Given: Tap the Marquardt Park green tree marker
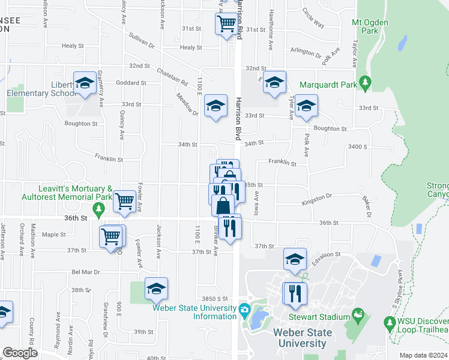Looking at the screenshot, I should pyautogui.click(x=364, y=82).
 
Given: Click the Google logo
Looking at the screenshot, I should pyautogui.click(x=20, y=353).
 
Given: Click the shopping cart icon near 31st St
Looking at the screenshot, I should pyautogui.click(x=227, y=24).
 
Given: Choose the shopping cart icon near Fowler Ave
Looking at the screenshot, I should pyautogui.click(x=124, y=201).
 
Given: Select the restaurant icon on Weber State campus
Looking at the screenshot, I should pyautogui.click(x=294, y=293).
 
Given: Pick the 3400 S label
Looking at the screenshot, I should pyautogui.click(x=373, y=146).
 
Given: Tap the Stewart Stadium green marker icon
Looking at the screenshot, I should pyautogui.click(x=359, y=314).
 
